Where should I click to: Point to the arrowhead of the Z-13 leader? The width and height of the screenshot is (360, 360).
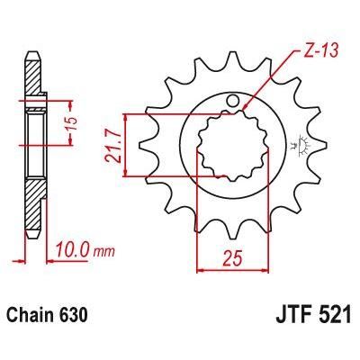245,112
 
